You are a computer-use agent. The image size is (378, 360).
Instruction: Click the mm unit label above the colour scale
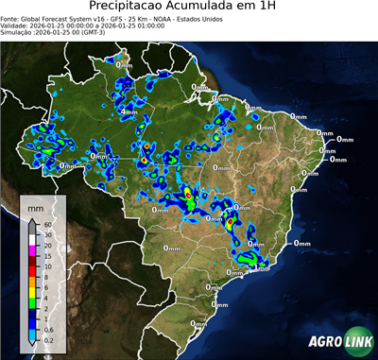(35, 207)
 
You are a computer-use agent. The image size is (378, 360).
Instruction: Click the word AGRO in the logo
(327, 341)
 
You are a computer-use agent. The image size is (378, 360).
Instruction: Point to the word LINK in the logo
(359, 341)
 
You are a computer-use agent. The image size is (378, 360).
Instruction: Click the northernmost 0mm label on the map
(124, 65)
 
